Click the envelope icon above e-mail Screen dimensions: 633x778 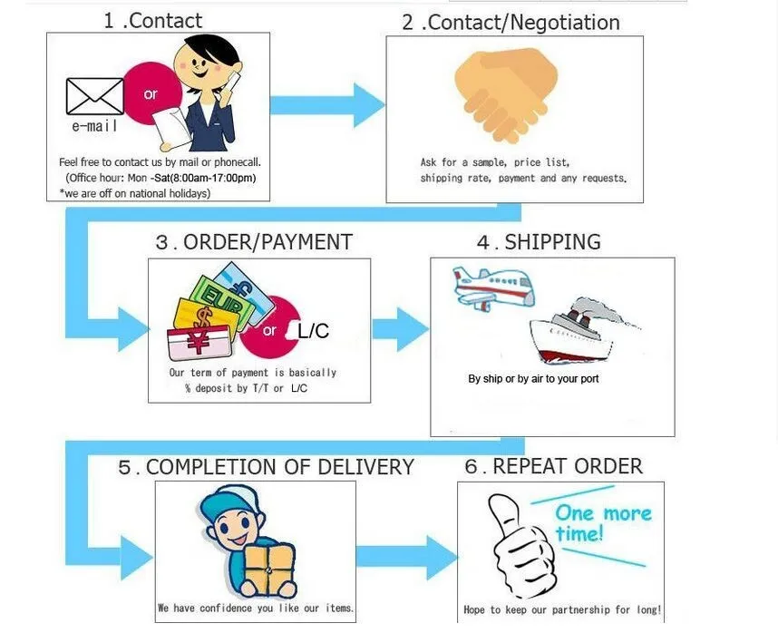tap(94, 95)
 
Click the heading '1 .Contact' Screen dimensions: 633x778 tap(152, 20)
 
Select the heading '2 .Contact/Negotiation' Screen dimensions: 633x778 tap(511, 22)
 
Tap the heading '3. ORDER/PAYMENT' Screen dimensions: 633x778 tap(254, 242)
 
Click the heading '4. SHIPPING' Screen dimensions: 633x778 tap(539, 242)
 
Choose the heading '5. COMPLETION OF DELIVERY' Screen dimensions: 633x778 tap(266, 467)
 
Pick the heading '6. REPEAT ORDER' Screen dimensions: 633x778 tap(555, 466)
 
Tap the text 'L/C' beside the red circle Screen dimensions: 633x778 tap(314, 331)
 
